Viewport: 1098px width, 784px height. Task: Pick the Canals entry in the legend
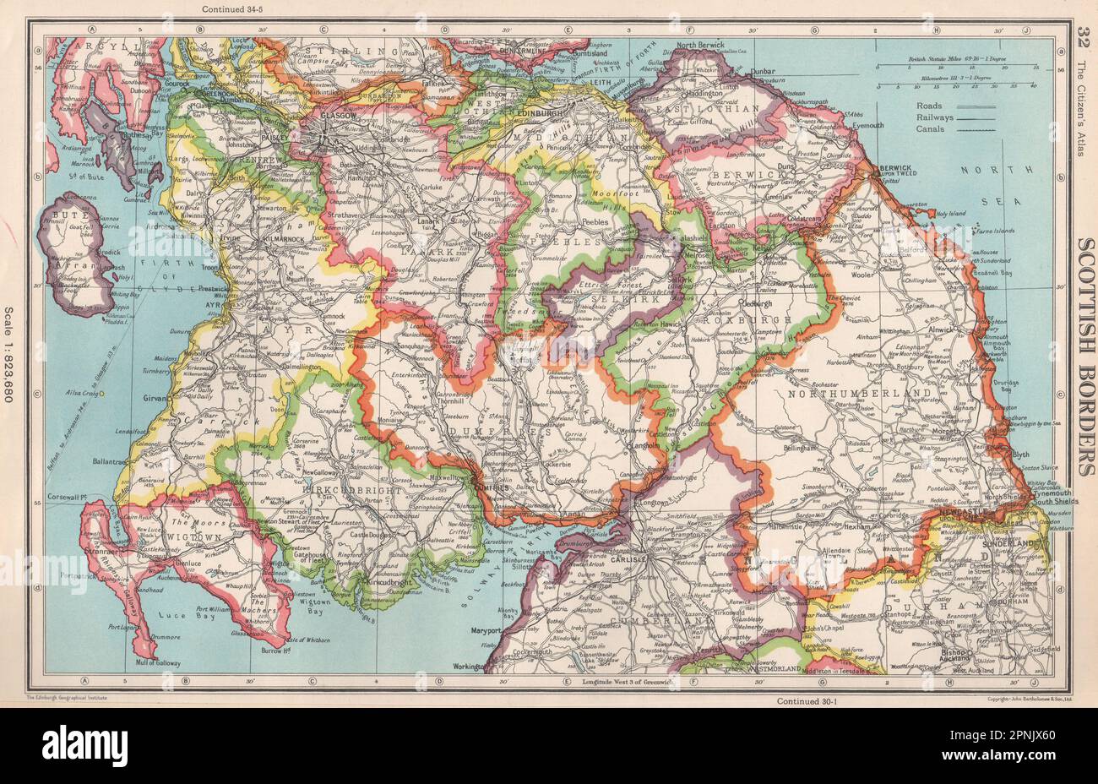point(930,129)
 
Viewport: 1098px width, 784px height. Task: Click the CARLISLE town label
point(626,558)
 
